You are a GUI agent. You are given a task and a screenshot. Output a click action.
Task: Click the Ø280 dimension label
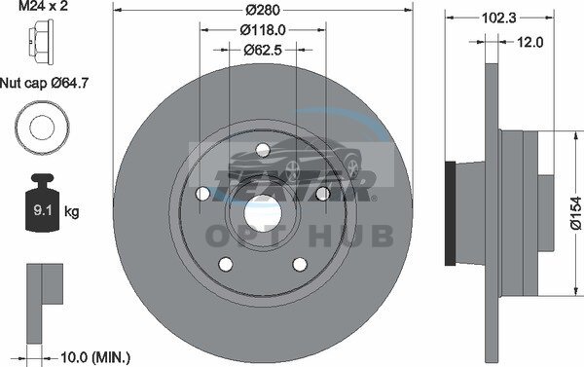(x=263, y=10)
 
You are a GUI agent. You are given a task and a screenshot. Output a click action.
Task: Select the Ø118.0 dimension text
(x=263, y=30)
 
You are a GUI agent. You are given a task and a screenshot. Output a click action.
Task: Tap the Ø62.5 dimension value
(x=263, y=50)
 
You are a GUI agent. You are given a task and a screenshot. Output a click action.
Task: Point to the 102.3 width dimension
(x=499, y=18)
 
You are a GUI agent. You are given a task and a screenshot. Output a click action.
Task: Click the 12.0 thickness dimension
(x=529, y=42)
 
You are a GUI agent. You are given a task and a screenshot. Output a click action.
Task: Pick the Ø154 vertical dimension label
(x=576, y=213)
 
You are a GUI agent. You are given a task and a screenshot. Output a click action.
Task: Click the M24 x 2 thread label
(x=43, y=6)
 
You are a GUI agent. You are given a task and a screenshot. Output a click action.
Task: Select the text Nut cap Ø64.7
(x=44, y=83)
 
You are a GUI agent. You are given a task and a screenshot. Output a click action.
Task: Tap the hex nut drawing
(x=41, y=37)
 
